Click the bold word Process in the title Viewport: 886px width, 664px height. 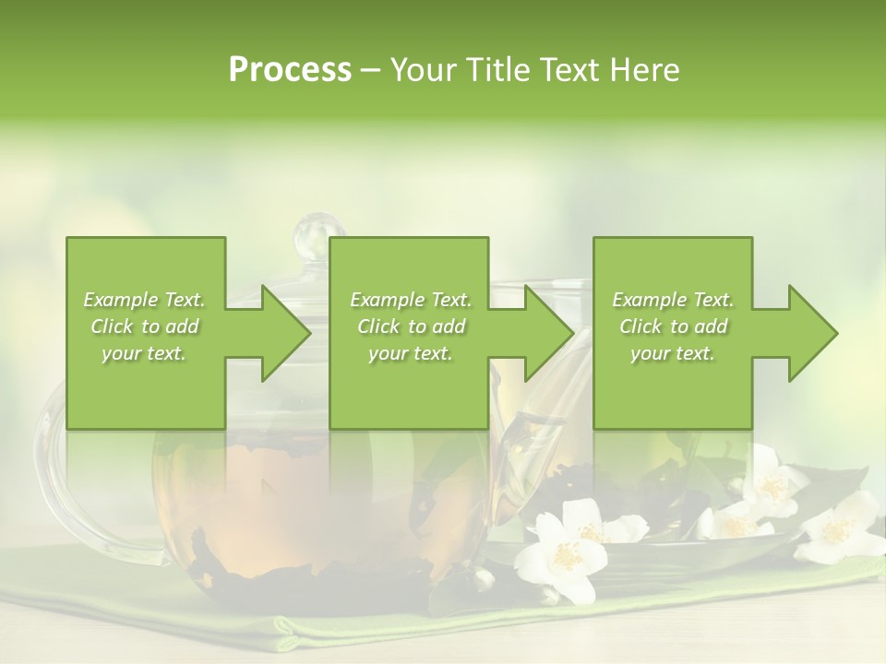290,70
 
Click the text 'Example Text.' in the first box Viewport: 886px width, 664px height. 144,300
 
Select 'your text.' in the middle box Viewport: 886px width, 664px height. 410,354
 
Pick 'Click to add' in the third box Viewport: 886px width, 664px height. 674,326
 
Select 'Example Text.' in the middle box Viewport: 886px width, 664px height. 410,300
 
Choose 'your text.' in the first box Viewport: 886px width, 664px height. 144,354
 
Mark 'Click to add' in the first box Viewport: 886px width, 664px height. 144,326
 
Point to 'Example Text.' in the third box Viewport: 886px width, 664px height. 674,300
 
